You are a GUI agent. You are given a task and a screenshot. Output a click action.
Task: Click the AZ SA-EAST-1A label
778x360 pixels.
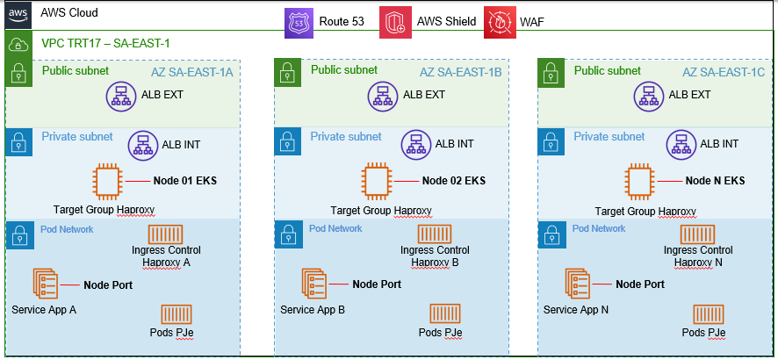pos(191,71)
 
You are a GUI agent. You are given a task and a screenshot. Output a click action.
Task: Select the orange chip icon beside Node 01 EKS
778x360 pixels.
pos(107,182)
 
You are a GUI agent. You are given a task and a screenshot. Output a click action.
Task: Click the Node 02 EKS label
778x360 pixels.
pos(454,182)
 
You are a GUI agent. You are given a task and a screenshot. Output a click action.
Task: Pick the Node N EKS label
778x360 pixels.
pos(715,182)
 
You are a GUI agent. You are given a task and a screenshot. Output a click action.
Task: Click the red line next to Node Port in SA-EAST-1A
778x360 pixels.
pos(69,284)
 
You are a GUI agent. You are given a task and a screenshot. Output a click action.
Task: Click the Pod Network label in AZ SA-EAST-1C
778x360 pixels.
pos(599,229)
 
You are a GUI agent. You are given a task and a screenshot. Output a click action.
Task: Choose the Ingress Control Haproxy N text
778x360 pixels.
pos(700,256)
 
